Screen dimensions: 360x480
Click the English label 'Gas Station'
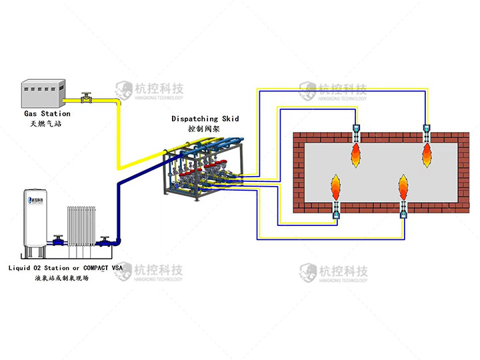46,114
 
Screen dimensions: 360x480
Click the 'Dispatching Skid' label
205,119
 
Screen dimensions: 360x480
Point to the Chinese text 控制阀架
205,129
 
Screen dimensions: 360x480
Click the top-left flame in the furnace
355,155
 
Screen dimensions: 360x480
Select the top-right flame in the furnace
427,155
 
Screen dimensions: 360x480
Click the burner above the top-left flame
355,132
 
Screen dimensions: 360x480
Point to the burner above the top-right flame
427,132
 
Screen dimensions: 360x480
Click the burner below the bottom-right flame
403,211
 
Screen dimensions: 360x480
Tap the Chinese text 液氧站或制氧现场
61,278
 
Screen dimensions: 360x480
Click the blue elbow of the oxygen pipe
119,237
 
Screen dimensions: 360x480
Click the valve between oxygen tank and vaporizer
59,238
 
